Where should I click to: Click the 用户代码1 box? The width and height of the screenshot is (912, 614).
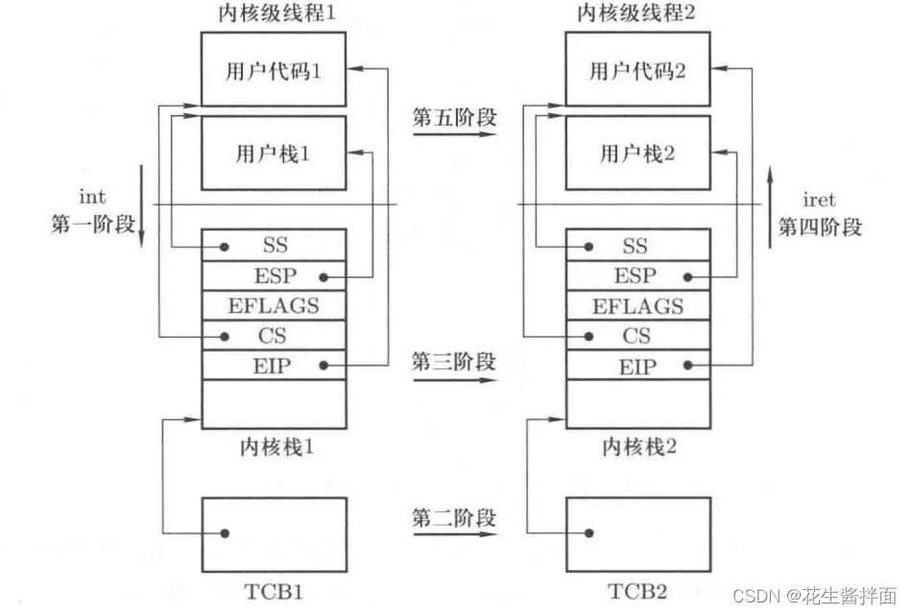click(273, 69)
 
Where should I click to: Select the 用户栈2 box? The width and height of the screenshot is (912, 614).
click(638, 153)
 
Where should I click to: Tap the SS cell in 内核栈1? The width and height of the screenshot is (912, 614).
click(274, 247)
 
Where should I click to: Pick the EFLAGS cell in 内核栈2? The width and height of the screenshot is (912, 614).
click(638, 307)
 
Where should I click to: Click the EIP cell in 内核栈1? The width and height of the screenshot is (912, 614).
click(274, 366)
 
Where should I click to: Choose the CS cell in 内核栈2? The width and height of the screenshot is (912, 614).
click(638, 336)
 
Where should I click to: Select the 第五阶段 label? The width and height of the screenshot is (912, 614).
click(454, 118)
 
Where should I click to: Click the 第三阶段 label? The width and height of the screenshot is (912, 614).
click(454, 363)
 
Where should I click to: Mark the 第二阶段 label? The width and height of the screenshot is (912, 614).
click(454, 518)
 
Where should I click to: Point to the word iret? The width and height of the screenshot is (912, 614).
click(818, 200)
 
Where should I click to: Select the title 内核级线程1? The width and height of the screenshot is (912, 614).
click(273, 13)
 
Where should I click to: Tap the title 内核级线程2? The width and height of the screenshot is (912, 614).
click(637, 13)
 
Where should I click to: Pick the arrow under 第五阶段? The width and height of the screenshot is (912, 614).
click(454, 136)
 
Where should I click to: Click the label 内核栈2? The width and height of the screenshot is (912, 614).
click(637, 447)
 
